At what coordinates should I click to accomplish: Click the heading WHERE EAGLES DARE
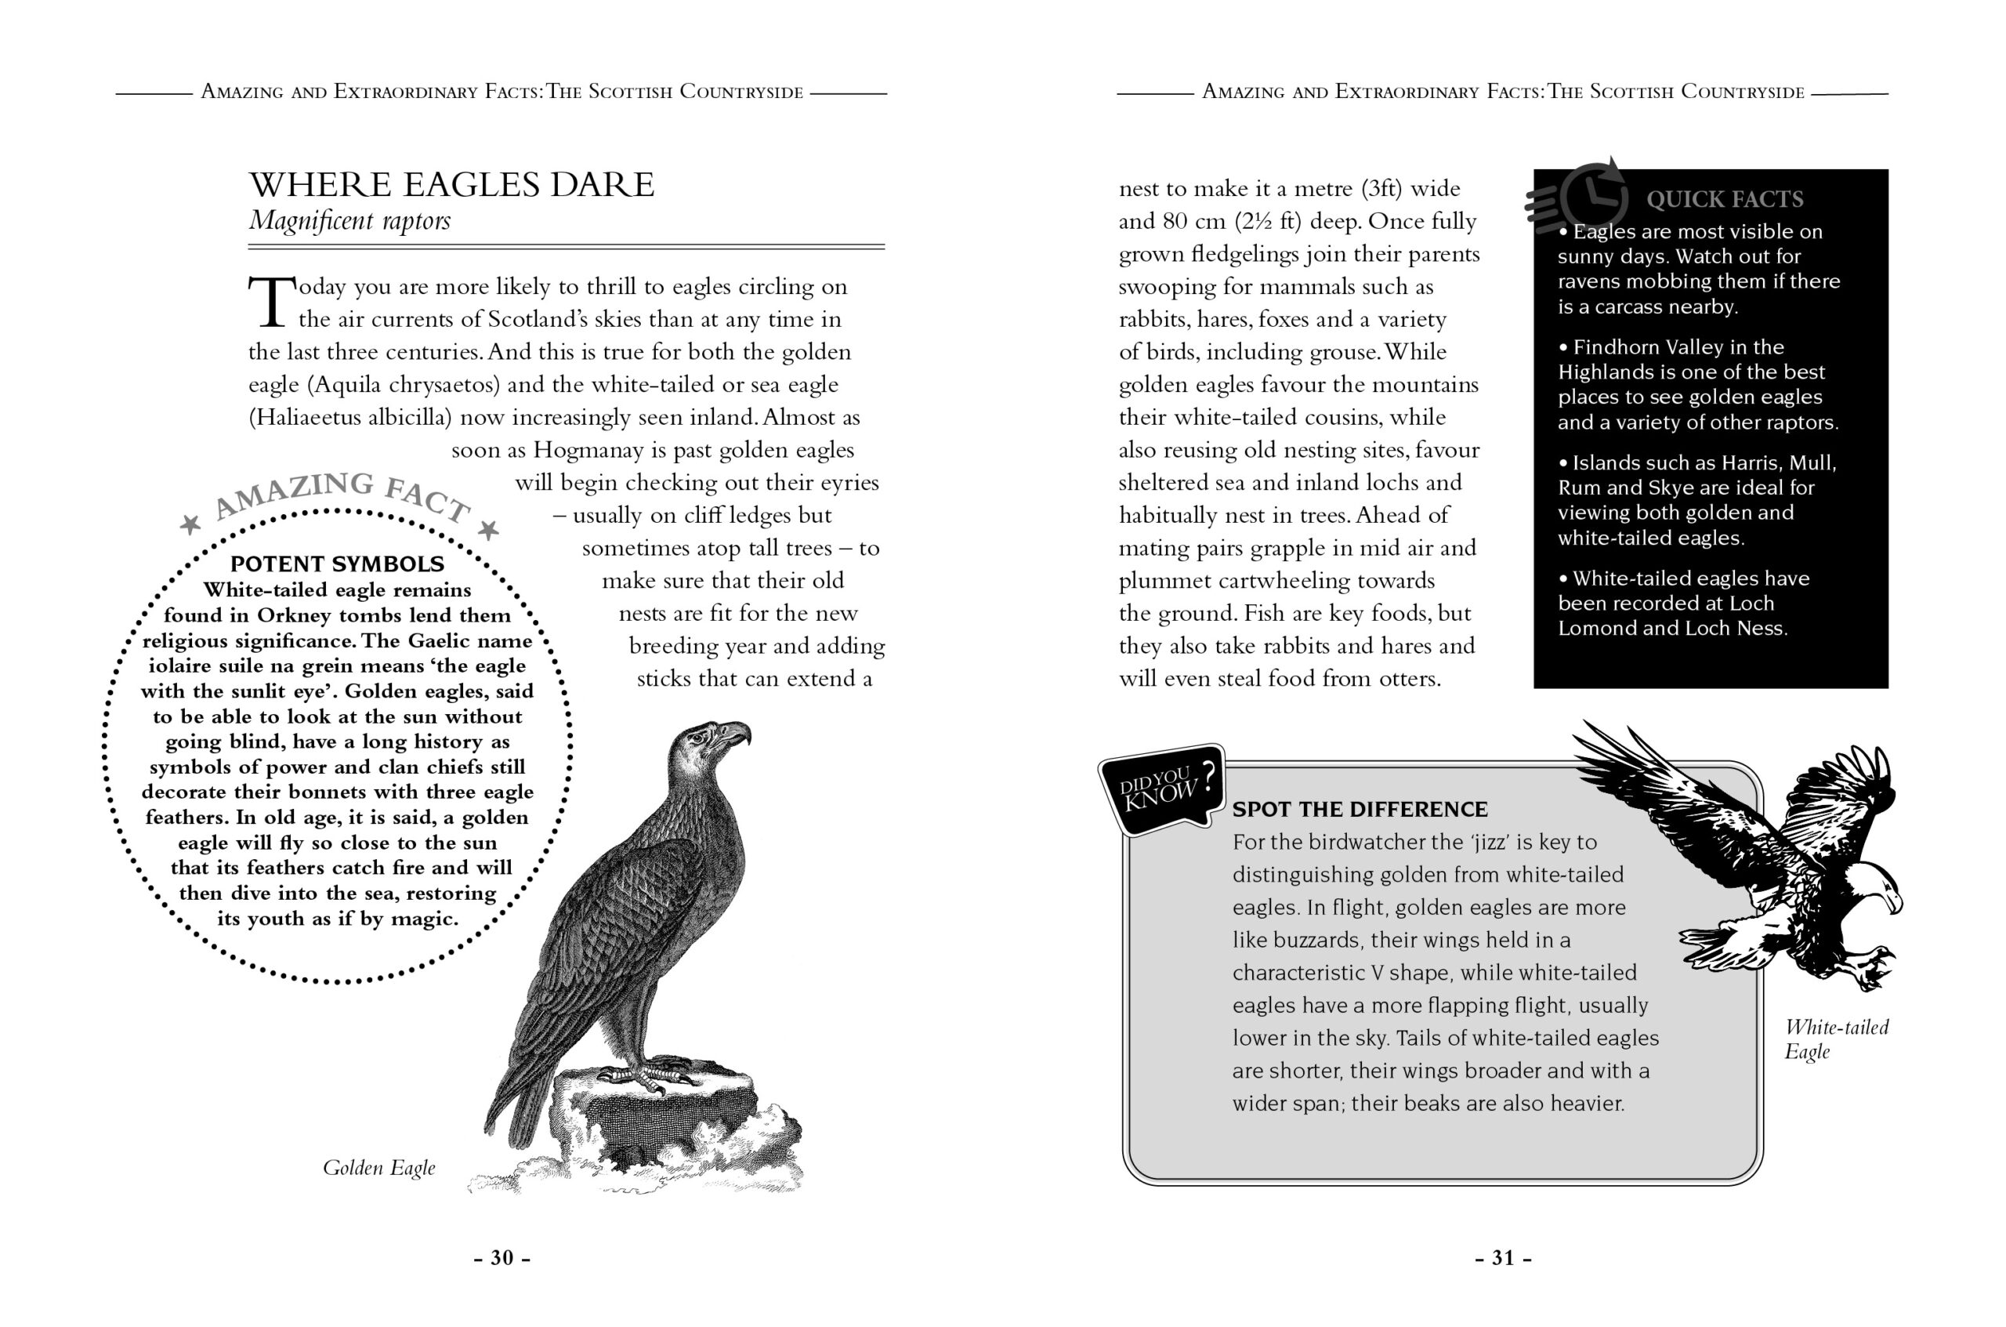(x=451, y=184)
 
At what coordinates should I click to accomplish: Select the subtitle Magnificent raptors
(x=349, y=221)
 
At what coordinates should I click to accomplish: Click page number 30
(x=501, y=1257)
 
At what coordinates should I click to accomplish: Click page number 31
(x=1503, y=1257)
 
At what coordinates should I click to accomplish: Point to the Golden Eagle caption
(x=379, y=1168)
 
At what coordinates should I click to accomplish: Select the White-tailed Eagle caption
(x=1836, y=1039)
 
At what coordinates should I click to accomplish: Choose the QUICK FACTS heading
(x=1724, y=200)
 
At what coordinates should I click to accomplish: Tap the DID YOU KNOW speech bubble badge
(x=1161, y=789)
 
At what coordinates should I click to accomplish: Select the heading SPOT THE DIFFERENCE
(x=1360, y=809)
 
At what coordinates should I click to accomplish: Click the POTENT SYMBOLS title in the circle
(x=337, y=564)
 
